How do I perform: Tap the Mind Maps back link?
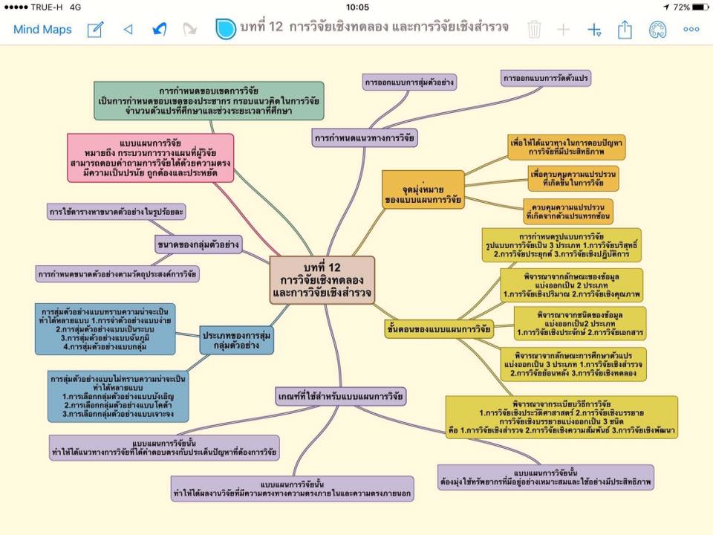(42, 30)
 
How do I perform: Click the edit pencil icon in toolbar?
(95, 30)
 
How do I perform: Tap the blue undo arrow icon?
(159, 30)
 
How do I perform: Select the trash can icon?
(534, 30)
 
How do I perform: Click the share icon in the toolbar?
(625, 30)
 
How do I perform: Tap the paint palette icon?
(657, 30)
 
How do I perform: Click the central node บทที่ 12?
(322, 280)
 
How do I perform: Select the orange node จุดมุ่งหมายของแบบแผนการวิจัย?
(423, 189)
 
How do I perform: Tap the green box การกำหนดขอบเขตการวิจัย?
(209, 101)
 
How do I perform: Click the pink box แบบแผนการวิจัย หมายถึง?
(150, 158)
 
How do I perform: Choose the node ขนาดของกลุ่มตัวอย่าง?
(198, 243)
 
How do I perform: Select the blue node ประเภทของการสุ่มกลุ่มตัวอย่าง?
(236, 341)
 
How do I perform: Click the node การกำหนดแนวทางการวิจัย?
(365, 137)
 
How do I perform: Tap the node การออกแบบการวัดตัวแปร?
(546, 77)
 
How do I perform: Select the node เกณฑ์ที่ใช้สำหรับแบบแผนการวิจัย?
(340, 396)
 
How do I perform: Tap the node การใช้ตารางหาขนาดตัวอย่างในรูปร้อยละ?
(116, 212)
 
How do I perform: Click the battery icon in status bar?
(699, 7)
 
